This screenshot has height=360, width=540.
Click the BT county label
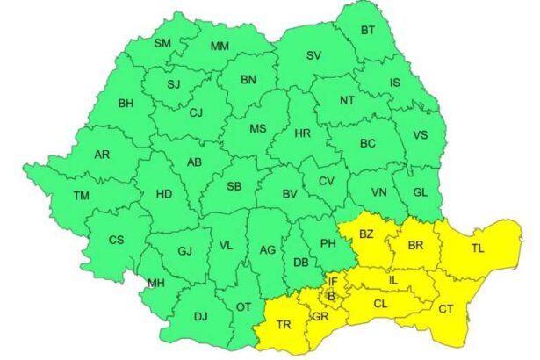pos(369,31)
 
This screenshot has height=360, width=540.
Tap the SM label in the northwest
pos(163,43)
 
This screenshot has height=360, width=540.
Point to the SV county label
pos(313,56)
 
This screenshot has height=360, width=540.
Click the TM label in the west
pos(82,195)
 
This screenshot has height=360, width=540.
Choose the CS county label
pos(116,240)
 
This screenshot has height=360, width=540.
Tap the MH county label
pos(156,283)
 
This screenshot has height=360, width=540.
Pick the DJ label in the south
pos(200,316)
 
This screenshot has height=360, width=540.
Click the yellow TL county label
pos(478,248)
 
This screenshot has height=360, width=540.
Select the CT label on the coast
pos(446,308)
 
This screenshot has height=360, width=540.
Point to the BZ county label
pos(366,234)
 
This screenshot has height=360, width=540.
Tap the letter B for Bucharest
pos(331,296)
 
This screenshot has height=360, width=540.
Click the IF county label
pos(333,281)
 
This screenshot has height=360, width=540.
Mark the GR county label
pos(320,317)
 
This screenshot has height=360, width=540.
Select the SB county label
pos(234,187)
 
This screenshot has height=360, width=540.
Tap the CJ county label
pos(196,112)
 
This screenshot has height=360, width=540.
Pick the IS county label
pos(394,83)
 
